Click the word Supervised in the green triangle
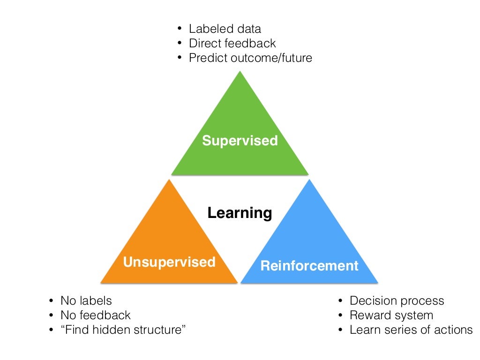(x=240, y=140)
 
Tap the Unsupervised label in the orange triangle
(x=169, y=262)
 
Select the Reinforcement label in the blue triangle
(x=309, y=266)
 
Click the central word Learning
(x=240, y=213)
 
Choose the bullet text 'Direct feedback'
(x=232, y=43)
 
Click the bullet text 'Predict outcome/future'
(x=250, y=58)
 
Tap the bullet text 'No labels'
(x=86, y=300)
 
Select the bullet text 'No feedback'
(x=96, y=315)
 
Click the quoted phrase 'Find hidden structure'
(x=123, y=330)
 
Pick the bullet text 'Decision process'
(x=397, y=300)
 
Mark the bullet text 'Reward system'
(x=391, y=315)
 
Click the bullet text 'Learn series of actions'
(x=411, y=330)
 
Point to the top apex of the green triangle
(x=240, y=71)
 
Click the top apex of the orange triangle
(x=169, y=180)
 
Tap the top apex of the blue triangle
(x=309, y=180)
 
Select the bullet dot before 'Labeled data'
(x=179, y=29)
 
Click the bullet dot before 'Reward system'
(x=340, y=315)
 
